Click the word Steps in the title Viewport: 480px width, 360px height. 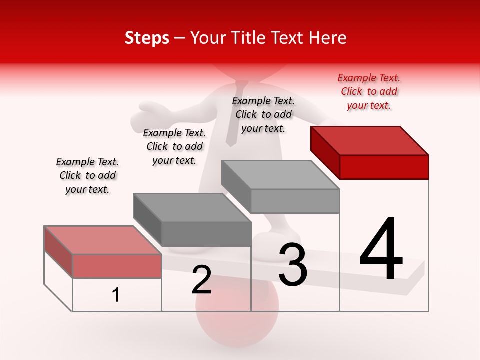pos(147,38)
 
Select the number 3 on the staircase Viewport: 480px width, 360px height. pos(293,265)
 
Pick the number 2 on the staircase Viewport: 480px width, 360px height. pos(202,280)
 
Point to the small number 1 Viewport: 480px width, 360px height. pos(116,295)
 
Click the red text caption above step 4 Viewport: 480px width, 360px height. pos(369,91)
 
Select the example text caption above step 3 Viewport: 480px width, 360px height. pos(263,114)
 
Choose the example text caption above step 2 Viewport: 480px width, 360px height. pos(174,146)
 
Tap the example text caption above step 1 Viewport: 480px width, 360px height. pos(87,175)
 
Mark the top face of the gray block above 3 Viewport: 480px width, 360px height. pos(280,175)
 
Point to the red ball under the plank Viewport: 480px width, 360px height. pos(237,320)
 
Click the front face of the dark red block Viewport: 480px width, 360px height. pos(384,167)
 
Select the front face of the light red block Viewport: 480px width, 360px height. pos(117,266)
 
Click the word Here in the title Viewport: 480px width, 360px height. pos(328,38)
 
